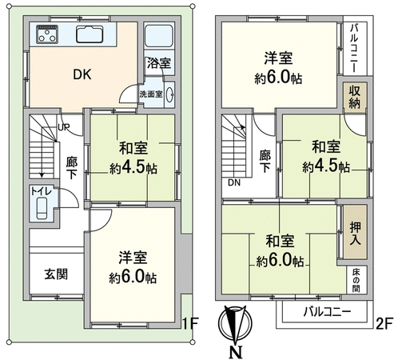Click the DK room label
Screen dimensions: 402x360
82,74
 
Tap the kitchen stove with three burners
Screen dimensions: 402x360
47,34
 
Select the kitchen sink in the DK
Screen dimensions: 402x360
90,34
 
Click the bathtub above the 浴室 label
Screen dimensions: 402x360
158,36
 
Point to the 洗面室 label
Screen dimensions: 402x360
151,94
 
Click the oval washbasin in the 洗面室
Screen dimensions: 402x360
170,94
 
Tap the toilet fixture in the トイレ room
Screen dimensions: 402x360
42,208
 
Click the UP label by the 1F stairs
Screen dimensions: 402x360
64,127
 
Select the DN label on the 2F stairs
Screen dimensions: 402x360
234,182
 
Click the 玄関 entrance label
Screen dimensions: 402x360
56,274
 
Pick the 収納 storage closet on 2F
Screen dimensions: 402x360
355,96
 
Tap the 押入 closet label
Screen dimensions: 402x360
355,234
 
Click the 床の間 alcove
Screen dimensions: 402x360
356,280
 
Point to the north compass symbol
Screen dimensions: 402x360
235,323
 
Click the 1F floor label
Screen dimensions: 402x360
190,324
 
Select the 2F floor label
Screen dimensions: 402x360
384,324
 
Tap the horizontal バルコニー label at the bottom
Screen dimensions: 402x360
327,311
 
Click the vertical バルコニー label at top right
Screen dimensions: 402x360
354,48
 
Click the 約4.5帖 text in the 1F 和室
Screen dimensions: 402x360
133,168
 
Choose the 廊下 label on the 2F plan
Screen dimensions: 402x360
265,161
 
